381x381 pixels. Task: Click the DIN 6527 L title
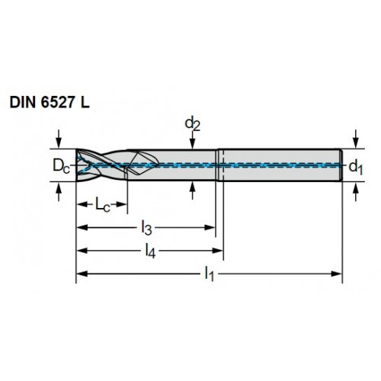click(x=50, y=103)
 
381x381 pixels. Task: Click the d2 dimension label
click(x=193, y=124)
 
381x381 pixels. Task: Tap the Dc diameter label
click(x=61, y=166)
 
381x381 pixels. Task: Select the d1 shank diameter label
click(x=356, y=168)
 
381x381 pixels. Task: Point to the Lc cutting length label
click(x=103, y=204)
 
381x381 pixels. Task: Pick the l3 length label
click(x=146, y=228)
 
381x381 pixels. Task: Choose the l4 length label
click(x=150, y=251)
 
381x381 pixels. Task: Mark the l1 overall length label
click(x=210, y=274)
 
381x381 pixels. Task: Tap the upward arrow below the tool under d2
click(x=193, y=190)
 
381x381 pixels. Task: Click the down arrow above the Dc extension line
click(x=59, y=139)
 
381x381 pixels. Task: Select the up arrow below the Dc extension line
click(x=59, y=192)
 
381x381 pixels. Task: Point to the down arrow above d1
click(x=356, y=139)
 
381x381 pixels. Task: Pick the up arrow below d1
click(x=356, y=192)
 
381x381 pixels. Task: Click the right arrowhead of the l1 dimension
click(x=337, y=274)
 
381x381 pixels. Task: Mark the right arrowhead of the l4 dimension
click(x=217, y=251)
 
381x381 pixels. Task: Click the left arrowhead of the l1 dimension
click(x=82, y=274)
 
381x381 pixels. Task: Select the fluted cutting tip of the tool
click(x=101, y=165)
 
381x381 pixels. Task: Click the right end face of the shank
click(x=341, y=165)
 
